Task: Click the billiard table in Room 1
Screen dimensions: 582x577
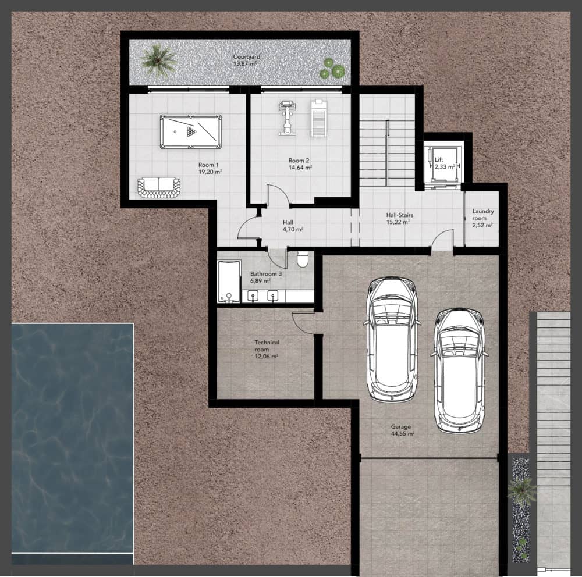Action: (x=191, y=131)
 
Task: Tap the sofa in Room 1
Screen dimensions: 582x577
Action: (x=159, y=188)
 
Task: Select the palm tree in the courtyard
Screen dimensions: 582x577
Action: (x=158, y=60)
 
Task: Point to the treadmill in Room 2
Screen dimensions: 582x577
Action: (x=319, y=118)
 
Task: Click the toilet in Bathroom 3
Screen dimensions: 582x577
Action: (x=303, y=259)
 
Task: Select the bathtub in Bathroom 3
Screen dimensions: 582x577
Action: (x=229, y=282)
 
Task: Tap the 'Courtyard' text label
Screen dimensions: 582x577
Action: (x=246, y=57)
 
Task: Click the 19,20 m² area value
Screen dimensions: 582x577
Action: (x=210, y=172)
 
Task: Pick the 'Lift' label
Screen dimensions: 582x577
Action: (x=439, y=159)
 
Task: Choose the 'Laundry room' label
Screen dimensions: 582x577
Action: (x=482, y=215)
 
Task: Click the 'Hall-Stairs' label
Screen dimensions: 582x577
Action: (x=399, y=215)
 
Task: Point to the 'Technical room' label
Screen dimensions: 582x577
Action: (x=267, y=346)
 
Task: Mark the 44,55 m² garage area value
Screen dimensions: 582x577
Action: (x=403, y=433)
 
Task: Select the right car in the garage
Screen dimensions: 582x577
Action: (x=459, y=371)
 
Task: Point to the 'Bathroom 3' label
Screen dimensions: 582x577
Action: (x=266, y=274)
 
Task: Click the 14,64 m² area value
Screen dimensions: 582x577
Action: (x=300, y=168)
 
